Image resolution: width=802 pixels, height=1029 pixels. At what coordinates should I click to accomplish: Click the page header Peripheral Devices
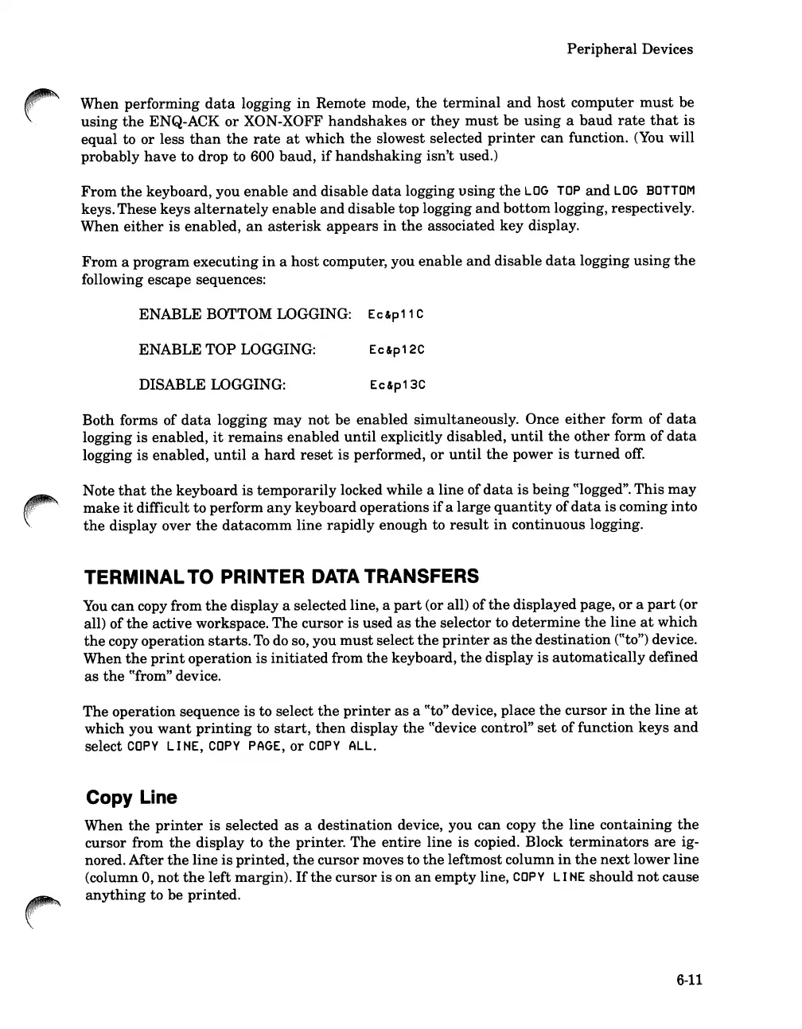point(629,49)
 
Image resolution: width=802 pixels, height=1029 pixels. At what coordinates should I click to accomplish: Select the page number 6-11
point(689,980)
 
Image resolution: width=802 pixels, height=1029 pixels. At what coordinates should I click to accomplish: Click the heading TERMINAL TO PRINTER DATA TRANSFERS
point(282,576)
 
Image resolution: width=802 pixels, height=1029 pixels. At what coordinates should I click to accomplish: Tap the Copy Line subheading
point(130,798)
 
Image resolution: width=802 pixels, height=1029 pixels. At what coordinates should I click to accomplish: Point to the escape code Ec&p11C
point(396,315)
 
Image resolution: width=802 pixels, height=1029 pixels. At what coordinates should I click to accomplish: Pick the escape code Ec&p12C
point(397,350)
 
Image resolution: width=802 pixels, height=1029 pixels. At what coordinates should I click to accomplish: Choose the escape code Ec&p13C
point(398,386)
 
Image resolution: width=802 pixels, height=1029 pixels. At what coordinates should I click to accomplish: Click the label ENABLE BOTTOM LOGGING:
point(245,314)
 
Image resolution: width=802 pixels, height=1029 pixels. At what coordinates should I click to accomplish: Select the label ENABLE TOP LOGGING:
point(227,349)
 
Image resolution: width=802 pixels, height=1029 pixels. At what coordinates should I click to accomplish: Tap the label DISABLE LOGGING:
point(212,385)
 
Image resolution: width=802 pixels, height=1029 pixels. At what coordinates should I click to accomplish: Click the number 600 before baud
point(263,156)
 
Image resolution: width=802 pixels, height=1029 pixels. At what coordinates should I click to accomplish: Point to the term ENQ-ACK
point(181,121)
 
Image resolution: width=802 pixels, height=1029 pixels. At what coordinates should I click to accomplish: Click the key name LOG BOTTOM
point(655,191)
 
